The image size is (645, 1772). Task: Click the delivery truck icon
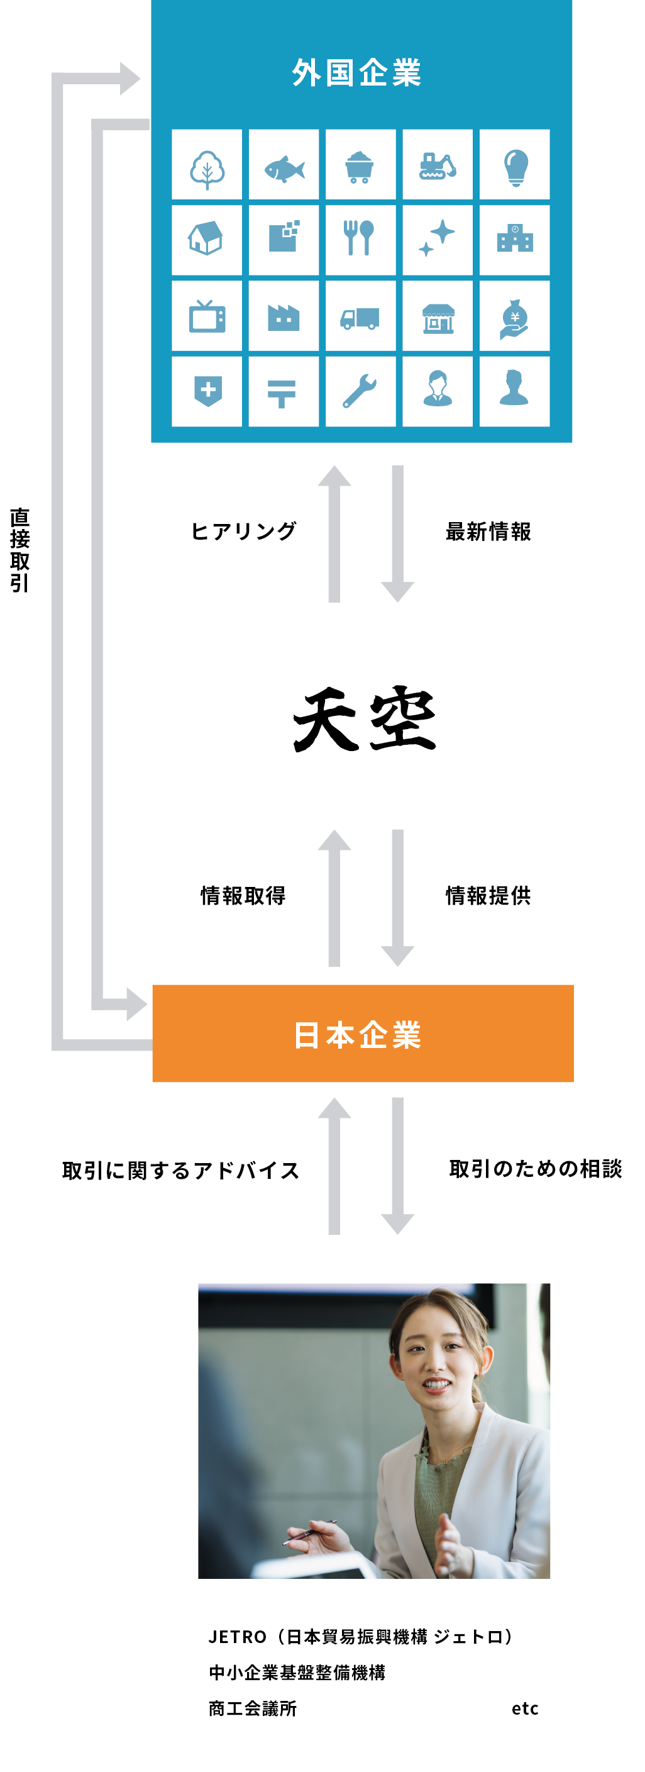coord(360,317)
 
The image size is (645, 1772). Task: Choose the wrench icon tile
coord(360,391)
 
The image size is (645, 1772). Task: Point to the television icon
coord(207,317)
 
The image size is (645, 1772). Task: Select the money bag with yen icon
coord(514,317)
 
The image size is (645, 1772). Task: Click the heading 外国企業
coord(356,73)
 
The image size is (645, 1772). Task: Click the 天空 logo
coord(365,720)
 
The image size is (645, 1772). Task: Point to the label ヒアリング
coord(243,531)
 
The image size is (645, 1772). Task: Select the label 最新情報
coord(488,531)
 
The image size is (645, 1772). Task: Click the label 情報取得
coord(243,895)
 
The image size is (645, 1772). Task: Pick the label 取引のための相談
coord(535,1168)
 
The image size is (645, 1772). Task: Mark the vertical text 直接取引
coord(20,550)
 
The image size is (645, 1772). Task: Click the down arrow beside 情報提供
coord(397,898)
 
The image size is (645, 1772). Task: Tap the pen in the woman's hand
coord(309,1532)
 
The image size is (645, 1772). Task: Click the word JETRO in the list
coord(237,1637)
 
